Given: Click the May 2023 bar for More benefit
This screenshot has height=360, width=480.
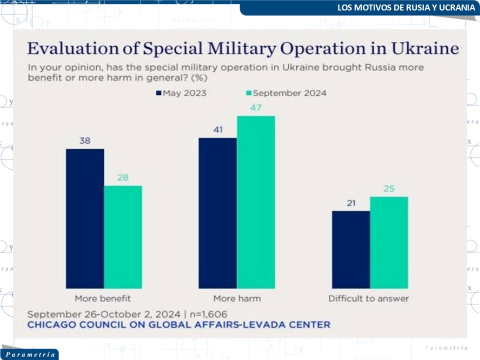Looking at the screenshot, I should click(85, 218).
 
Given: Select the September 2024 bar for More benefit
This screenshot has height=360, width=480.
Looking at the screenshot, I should click(123, 237).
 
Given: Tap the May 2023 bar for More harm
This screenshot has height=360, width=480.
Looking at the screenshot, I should click(217, 213).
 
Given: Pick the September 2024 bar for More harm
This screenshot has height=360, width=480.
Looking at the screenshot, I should click(256, 202).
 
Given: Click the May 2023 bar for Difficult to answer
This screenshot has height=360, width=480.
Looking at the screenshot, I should click(350, 249).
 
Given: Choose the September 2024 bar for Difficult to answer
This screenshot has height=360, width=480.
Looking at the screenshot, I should click(389, 242).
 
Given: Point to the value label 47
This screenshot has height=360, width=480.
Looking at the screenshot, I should click(256, 108).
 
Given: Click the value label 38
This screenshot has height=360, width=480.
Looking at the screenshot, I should click(85, 141).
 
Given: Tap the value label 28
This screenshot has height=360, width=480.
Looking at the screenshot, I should click(123, 178).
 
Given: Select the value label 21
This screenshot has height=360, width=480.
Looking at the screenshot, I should click(350, 203).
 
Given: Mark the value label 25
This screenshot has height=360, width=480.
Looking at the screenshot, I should click(389, 189).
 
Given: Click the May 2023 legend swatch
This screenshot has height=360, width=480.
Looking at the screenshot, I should click(159, 93).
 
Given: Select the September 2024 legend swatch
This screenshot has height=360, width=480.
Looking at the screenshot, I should click(249, 93).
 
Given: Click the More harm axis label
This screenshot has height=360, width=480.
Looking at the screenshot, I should click(237, 298).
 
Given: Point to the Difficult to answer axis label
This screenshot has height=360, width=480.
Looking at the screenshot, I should click(368, 298).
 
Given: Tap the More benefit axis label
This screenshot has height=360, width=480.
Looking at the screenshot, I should click(103, 298).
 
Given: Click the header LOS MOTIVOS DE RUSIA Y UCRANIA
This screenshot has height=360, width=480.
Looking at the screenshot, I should click(405, 7).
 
